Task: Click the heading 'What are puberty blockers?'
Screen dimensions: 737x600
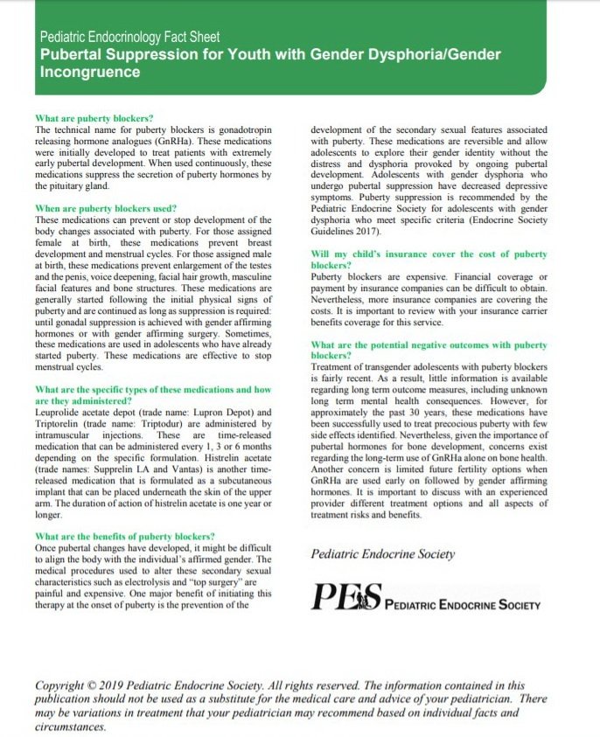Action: tap(94, 118)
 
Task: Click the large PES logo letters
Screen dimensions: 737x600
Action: tap(346, 598)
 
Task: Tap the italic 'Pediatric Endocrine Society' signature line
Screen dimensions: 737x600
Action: tap(383, 553)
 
